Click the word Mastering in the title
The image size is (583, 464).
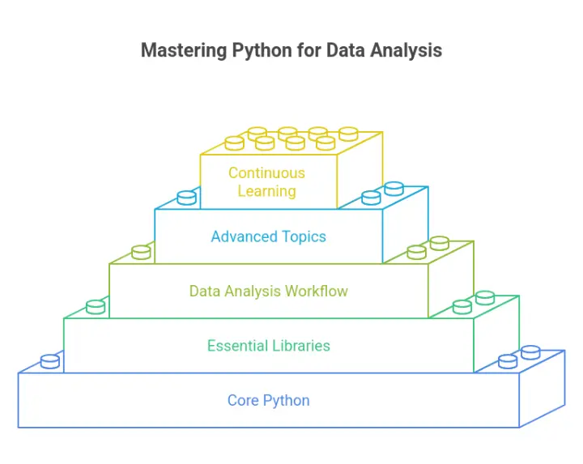(x=183, y=50)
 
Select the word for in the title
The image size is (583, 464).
(x=309, y=50)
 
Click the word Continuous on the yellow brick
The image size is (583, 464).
(x=266, y=172)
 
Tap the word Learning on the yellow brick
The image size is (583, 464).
(x=266, y=191)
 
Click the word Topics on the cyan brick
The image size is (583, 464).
(x=300, y=236)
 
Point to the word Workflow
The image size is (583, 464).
(x=319, y=291)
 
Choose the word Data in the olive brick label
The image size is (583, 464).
(x=204, y=291)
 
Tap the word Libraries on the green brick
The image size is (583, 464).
(x=299, y=346)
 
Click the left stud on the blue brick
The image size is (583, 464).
(x=49, y=361)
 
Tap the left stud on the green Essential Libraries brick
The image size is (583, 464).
(x=96, y=307)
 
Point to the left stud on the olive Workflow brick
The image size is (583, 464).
(x=141, y=252)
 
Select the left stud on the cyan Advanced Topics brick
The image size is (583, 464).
(x=187, y=197)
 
